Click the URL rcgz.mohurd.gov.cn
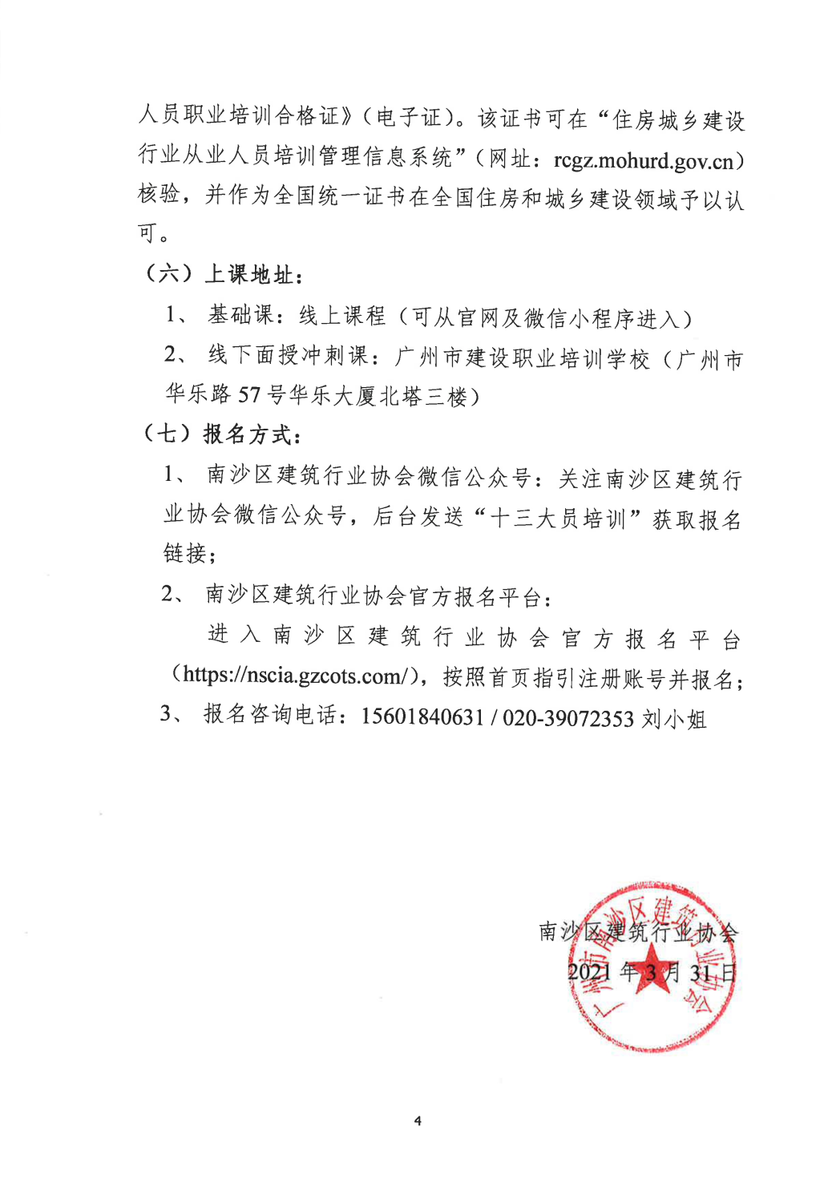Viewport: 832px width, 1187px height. pos(643,161)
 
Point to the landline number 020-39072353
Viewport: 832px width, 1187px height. pos(568,718)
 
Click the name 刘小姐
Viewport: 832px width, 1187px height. pos(674,719)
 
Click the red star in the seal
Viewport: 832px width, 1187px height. pos(652,967)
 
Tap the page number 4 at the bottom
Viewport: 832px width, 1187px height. pos(418,1120)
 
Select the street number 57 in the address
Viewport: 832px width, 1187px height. pos(249,395)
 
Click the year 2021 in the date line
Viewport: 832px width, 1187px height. pos(589,972)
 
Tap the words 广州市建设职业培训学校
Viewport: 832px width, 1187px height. pos(522,357)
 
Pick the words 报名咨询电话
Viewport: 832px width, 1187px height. pos(270,715)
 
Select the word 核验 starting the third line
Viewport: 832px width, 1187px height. pos(159,195)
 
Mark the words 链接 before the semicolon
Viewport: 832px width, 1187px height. pos(185,554)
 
